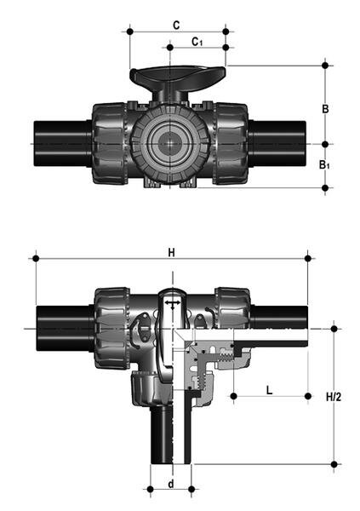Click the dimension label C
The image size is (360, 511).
tap(175, 25)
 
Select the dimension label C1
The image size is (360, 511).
tap(197, 41)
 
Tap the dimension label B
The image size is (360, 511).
tap(323, 108)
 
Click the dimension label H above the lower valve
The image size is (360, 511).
tap(171, 252)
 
